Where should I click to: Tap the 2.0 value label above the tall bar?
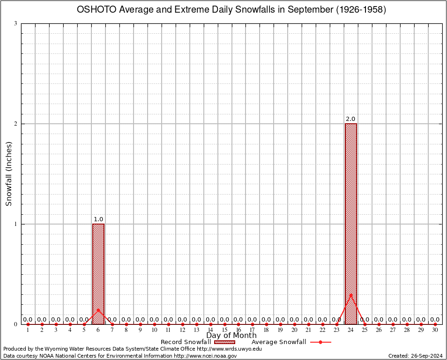[350, 119]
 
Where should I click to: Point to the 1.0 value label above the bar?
[98, 219]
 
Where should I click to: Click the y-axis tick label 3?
[16, 23]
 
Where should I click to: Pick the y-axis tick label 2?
[16, 124]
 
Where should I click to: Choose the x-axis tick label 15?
[224, 330]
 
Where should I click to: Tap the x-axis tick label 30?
[435, 330]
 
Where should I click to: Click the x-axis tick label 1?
[28, 330]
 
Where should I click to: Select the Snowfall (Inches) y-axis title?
[9, 173]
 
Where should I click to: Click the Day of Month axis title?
[231, 336]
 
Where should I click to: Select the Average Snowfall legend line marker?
[320, 342]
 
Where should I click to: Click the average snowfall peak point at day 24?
[351, 294]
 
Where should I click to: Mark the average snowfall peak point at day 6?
[98, 309]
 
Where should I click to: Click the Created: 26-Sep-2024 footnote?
[416, 356]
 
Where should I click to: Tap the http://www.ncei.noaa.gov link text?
[205, 356]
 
